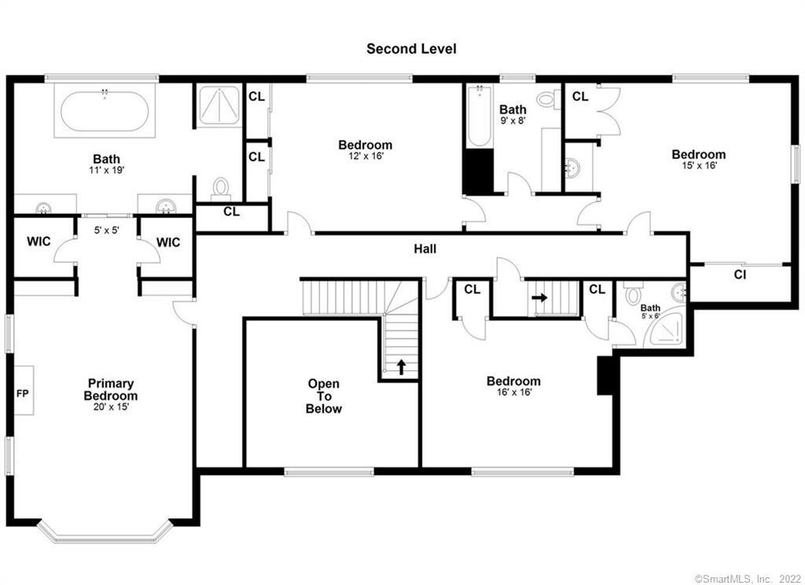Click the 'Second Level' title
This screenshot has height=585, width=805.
[411, 49]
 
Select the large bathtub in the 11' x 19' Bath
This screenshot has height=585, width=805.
[104, 112]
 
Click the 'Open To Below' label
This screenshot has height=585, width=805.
[324, 396]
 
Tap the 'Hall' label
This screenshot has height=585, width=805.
[425, 249]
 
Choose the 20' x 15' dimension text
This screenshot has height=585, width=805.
[111, 407]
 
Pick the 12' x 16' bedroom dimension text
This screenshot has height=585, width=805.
[365, 156]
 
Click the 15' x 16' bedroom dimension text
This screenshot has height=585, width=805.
[698, 165]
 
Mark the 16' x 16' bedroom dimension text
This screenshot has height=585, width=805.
[513, 392]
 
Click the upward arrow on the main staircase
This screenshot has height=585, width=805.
[400, 366]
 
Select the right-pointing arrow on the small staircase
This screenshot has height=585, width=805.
[540, 299]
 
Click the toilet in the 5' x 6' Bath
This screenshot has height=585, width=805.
[633, 296]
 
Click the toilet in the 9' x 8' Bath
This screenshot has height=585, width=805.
[547, 99]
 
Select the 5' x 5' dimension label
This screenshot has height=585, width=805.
[106, 231]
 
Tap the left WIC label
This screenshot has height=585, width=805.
[38, 241]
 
